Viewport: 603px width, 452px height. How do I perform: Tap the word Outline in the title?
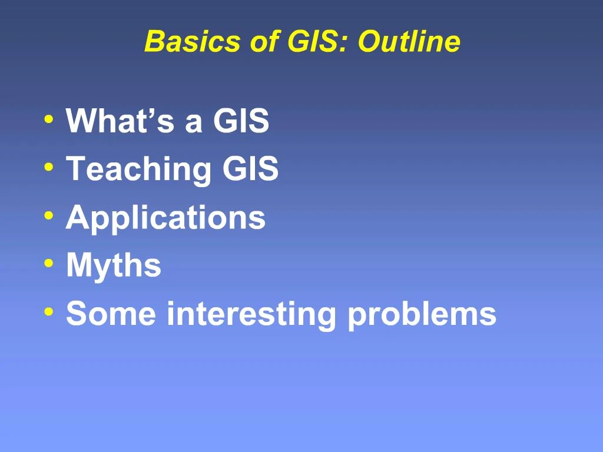click(x=409, y=42)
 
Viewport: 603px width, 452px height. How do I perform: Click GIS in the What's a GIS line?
click(x=241, y=121)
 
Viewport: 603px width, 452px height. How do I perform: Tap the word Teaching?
click(x=138, y=169)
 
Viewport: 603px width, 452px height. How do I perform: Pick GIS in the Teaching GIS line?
click(x=250, y=169)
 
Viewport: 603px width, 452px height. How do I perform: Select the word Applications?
click(x=165, y=218)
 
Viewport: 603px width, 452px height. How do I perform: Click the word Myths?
click(x=113, y=265)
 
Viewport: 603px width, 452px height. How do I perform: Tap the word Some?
click(x=111, y=313)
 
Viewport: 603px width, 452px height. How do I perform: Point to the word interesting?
click(x=251, y=313)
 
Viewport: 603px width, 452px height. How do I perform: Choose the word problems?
click(x=422, y=314)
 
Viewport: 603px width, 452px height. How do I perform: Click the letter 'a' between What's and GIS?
click(x=194, y=124)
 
